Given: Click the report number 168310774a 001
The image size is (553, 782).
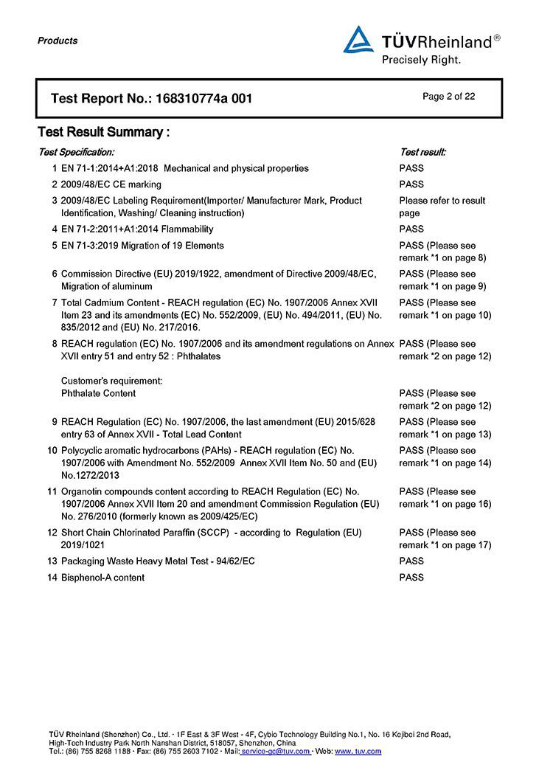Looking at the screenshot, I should (x=204, y=99).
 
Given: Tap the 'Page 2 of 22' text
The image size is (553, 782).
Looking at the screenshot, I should (x=448, y=97).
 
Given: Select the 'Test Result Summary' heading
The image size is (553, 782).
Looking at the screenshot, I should (x=104, y=133).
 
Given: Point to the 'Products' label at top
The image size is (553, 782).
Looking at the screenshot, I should (x=58, y=41).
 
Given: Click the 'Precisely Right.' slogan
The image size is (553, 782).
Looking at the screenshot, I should (x=421, y=60).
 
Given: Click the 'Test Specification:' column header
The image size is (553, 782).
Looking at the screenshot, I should (x=77, y=152).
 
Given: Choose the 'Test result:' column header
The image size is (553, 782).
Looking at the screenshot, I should (x=422, y=152).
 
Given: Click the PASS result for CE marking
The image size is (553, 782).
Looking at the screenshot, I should (x=411, y=184).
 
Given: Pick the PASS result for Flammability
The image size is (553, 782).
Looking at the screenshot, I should (x=411, y=229).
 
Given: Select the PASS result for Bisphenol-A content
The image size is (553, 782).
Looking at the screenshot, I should (x=411, y=578).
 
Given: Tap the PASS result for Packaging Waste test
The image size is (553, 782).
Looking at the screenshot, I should (x=411, y=561).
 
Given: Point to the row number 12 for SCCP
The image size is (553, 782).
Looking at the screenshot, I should (x=52, y=533).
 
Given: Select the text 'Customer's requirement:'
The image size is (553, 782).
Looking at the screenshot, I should (x=111, y=381).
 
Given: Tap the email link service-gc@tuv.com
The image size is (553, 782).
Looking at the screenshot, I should (x=276, y=751).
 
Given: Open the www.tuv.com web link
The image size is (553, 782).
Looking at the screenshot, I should (x=358, y=751).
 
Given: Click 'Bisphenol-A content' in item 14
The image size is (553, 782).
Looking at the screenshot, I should (x=103, y=578).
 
